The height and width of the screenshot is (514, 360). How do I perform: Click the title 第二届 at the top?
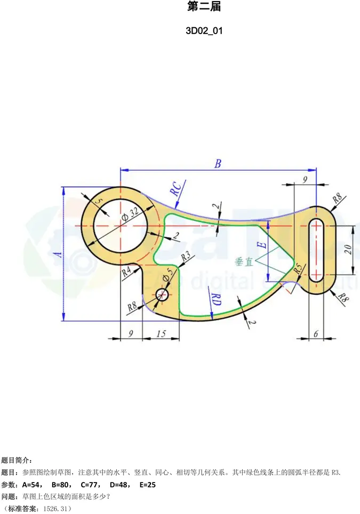pos(204,7)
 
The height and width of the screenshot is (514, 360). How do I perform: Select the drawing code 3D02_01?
pos(204,30)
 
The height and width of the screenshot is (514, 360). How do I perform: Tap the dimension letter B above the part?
pos(218,164)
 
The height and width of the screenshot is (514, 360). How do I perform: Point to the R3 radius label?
pos(186,256)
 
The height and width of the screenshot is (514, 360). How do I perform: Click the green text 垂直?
pos(243,262)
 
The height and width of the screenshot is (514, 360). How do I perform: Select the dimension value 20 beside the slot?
pos(347,248)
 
